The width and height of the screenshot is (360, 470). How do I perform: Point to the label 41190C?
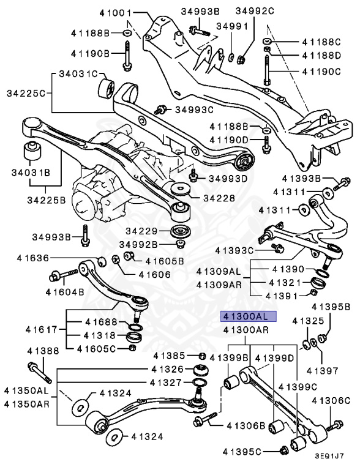[x=324, y=72]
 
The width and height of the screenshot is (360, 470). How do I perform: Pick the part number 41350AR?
[x=26, y=403]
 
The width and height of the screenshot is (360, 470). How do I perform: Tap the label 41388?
[x=43, y=351]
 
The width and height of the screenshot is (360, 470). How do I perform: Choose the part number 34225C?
[x=26, y=94]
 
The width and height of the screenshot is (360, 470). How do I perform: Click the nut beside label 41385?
[x=201, y=356]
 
